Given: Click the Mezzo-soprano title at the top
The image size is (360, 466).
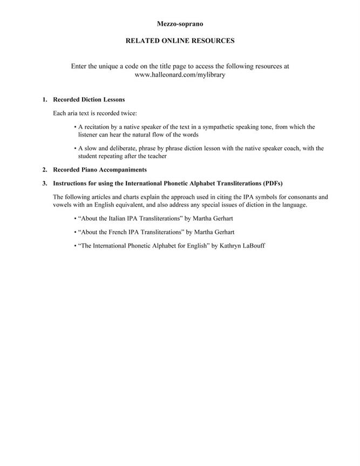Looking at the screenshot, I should click(180, 24).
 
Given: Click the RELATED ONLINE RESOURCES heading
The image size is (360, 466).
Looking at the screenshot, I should click(180, 40).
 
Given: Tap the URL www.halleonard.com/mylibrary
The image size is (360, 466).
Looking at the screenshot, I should click(180, 75).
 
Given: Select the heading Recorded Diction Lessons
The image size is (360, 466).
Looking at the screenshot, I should click(89, 100).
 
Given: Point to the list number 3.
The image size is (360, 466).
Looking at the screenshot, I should click(45, 183).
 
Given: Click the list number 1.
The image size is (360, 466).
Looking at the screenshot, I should click(45, 100).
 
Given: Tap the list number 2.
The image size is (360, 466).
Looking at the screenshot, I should click(45, 170).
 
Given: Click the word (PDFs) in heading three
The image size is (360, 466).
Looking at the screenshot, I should click(272, 183).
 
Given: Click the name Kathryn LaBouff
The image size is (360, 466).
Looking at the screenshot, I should click(242, 245).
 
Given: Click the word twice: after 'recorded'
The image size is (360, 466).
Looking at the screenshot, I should click(130, 113).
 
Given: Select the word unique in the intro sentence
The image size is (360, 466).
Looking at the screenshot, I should click(108, 66).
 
